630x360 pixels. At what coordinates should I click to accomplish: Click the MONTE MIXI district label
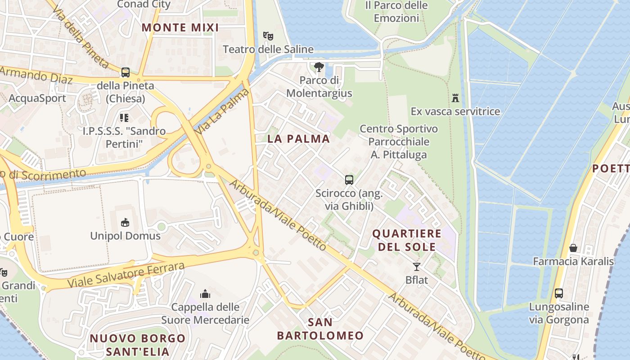(x=180, y=27)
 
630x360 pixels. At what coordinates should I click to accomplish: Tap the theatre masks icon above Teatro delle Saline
(x=268, y=35)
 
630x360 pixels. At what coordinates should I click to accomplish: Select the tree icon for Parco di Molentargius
(x=319, y=67)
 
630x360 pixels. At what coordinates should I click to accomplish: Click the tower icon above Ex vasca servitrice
(x=455, y=98)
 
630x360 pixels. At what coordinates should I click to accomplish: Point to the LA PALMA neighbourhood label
(x=298, y=139)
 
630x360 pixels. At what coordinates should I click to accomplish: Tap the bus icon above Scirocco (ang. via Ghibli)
(x=349, y=180)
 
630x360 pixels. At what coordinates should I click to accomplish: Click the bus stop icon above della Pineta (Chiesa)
(x=126, y=72)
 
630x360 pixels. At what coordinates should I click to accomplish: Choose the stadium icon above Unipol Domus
(x=125, y=222)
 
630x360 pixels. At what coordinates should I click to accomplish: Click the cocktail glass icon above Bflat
(x=417, y=266)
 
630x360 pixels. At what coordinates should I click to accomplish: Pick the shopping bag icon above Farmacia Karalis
(x=573, y=248)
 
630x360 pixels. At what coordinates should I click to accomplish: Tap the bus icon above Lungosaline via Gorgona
(x=558, y=293)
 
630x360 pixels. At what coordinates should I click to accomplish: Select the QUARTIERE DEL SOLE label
(x=407, y=240)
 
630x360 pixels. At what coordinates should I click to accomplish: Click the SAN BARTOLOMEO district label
(x=320, y=329)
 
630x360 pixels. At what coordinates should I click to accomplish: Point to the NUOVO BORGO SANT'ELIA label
(x=137, y=345)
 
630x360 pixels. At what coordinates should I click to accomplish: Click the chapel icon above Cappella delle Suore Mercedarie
(x=205, y=294)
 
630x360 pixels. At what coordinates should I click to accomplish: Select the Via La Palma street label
(x=222, y=111)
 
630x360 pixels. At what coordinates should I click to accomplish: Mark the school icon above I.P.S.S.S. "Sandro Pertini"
(x=124, y=118)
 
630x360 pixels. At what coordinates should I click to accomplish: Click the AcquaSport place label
(x=37, y=98)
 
